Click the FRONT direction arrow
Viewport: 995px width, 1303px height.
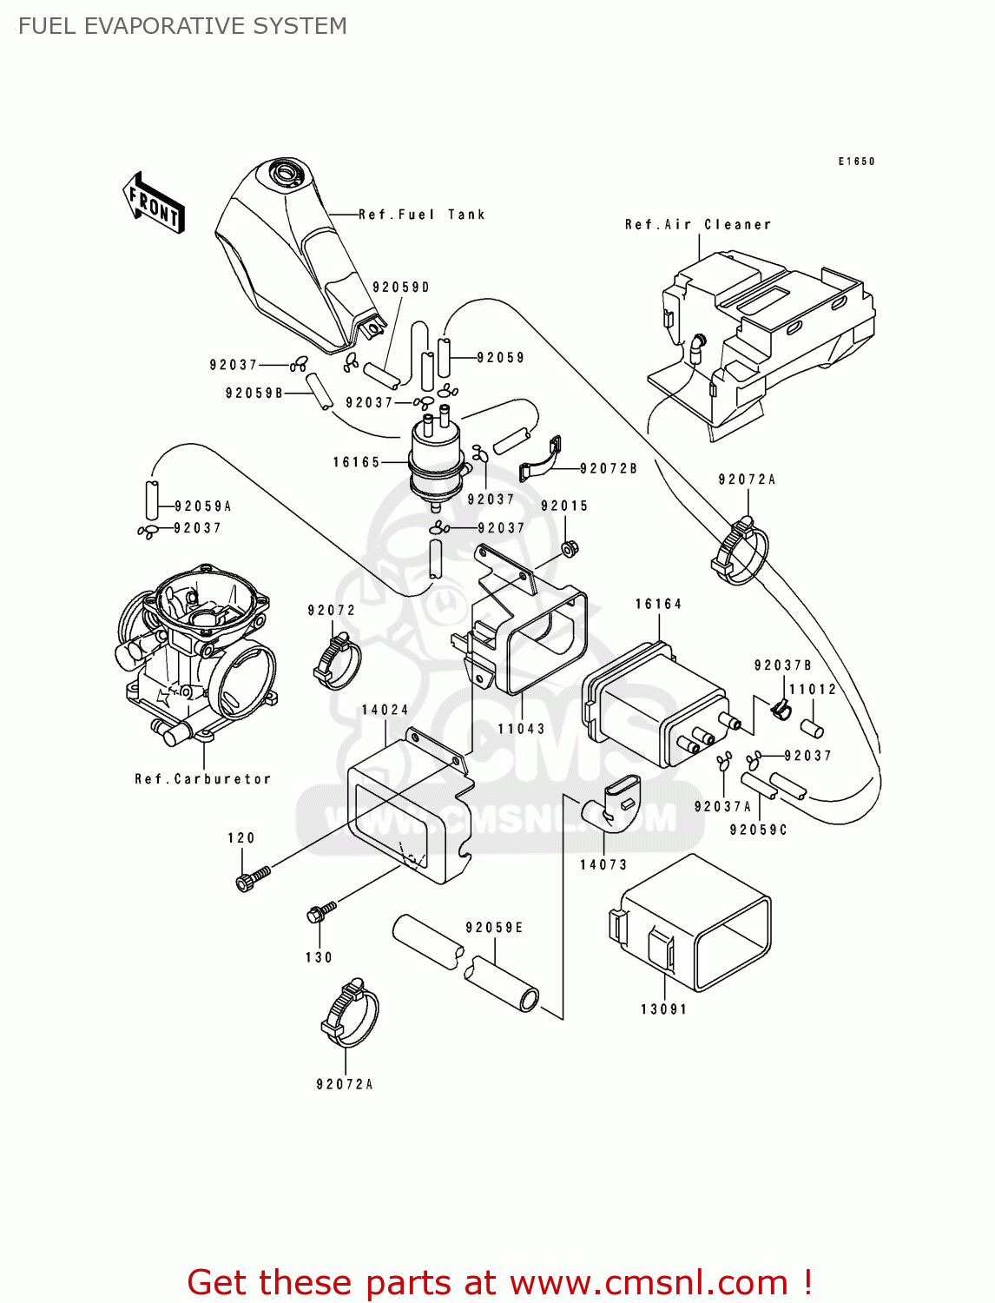(154, 203)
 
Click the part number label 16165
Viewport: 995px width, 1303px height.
(356, 462)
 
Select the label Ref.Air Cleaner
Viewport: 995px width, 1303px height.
(697, 224)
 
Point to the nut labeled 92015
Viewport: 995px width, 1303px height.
(570, 549)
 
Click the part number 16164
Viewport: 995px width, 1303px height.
(658, 604)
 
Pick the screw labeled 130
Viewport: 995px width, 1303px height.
(320, 911)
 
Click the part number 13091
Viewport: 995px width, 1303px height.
(663, 1009)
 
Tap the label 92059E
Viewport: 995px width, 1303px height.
(494, 928)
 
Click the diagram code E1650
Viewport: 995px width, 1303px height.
(856, 162)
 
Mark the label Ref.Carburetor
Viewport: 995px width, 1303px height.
(202, 779)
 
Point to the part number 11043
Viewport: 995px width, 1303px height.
(521, 729)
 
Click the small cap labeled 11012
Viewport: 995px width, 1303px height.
(812, 727)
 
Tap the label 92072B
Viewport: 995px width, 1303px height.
(608, 468)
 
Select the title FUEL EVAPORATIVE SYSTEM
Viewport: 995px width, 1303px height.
(182, 26)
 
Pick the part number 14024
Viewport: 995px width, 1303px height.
(385, 710)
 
